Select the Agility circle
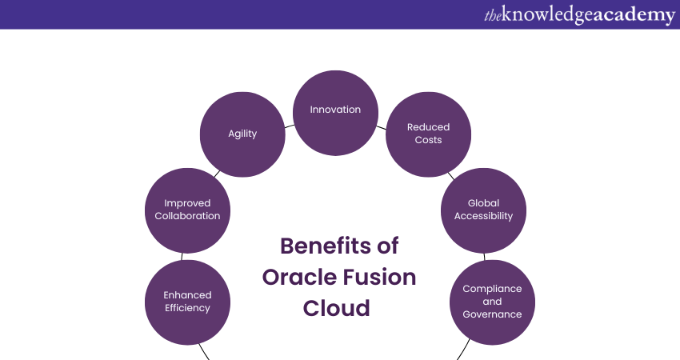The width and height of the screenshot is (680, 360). (242, 134)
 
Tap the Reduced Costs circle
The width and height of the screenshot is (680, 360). (428, 134)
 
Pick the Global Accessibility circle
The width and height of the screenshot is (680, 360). (483, 210)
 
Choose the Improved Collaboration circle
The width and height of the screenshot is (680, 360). (187, 210)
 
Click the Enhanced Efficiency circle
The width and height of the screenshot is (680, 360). (187, 302)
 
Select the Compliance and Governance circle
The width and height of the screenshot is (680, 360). (492, 302)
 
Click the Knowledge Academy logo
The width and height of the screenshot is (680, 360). (579, 15)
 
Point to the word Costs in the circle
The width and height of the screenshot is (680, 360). (428, 140)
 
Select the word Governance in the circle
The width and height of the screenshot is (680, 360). (492, 314)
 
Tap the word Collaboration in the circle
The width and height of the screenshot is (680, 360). (187, 216)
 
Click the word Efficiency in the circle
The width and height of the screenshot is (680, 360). (187, 308)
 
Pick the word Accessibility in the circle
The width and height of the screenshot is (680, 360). (483, 216)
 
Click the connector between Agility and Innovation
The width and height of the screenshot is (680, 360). (289, 125)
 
